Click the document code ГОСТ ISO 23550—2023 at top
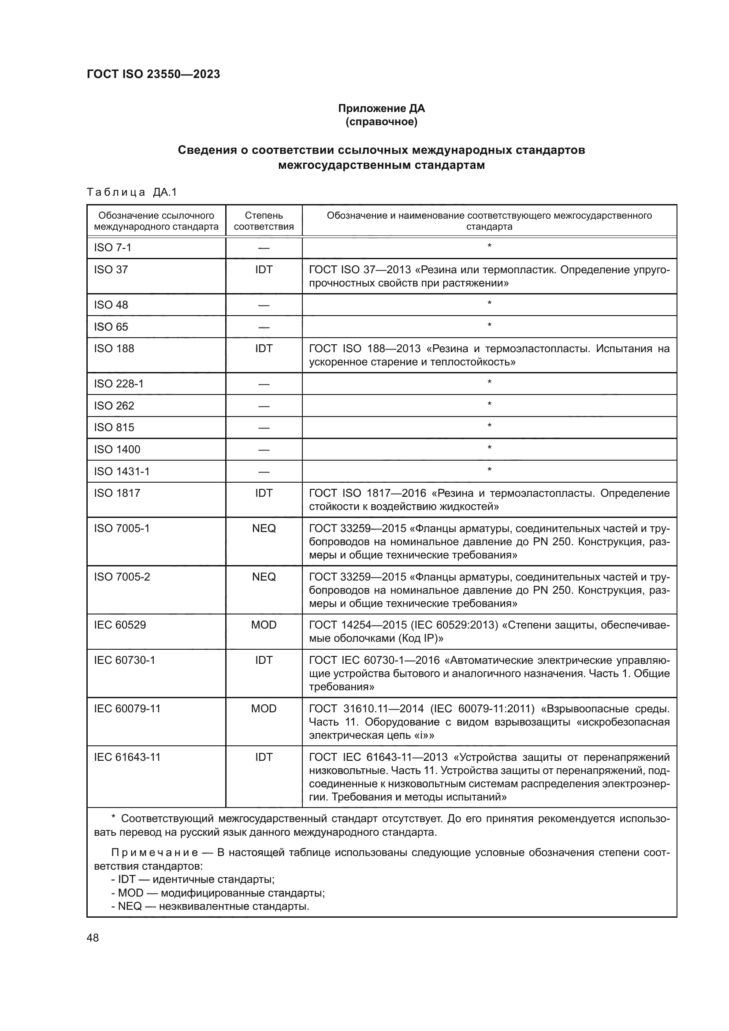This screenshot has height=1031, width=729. click(153, 74)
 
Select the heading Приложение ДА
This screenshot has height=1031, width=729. click(381, 108)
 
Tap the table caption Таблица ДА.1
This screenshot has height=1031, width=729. click(131, 192)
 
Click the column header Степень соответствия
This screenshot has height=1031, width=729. click(264, 221)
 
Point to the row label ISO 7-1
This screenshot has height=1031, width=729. click(113, 248)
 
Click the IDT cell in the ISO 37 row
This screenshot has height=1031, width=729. click(264, 269)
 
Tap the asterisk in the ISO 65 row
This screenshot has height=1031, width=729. click(489, 325)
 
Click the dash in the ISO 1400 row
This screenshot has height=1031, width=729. click(264, 450)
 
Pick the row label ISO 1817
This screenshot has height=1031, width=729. click(117, 493)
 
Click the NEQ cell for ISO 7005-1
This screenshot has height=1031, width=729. click(264, 529)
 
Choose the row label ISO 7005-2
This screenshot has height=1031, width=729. click(122, 577)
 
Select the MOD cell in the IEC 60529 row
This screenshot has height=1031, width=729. click(264, 625)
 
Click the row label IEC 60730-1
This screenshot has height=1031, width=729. click(124, 660)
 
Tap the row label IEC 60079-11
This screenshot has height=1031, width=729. click(127, 709)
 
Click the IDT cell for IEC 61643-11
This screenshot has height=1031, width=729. click(264, 757)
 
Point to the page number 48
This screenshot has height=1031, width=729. click(93, 938)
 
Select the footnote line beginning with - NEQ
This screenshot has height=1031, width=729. click(210, 906)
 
